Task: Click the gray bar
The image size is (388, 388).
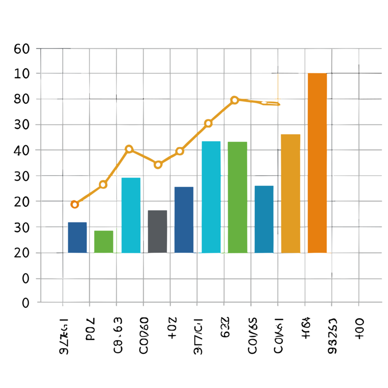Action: click(157, 231)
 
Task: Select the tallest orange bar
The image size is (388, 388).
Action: click(317, 163)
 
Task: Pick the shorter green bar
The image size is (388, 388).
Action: click(104, 242)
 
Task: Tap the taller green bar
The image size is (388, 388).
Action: click(237, 197)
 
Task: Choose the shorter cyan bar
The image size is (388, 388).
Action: click(131, 215)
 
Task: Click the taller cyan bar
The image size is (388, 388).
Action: click(211, 197)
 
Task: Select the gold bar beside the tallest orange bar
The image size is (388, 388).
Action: click(290, 193)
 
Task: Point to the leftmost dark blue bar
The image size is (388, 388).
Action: click(77, 237)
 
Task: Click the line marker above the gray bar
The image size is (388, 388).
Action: click(158, 165)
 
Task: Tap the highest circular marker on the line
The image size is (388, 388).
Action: click(235, 100)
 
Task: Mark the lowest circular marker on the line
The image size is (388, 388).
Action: click(75, 204)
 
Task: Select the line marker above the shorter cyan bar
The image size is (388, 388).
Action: click(129, 149)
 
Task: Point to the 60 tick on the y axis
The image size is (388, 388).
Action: click(22, 48)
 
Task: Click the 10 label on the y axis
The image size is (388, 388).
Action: click(22, 74)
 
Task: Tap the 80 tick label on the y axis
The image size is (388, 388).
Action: click(22, 99)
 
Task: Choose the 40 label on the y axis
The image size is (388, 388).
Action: click(22, 150)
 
